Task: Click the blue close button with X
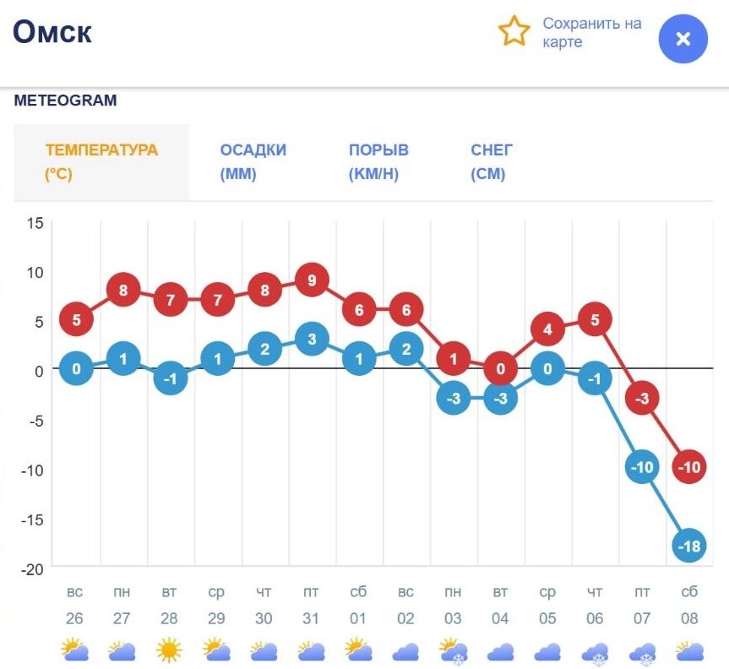pos(683,39)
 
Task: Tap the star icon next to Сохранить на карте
pos(514,32)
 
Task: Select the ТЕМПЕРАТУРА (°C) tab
pos(101,162)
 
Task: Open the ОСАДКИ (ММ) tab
pos(253,162)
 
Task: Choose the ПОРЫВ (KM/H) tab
pos(378,162)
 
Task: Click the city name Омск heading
pos(52,32)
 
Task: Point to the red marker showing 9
pos(312,280)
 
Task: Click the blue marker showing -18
pos(689,547)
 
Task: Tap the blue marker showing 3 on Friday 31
pos(312,340)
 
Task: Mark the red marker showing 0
pos(501,369)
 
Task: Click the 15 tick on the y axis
pos(34,223)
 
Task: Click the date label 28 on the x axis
pos(170,619)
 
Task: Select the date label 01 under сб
pos(359,619)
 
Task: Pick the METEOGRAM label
pos(65,101)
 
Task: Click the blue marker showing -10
pos(642,467)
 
